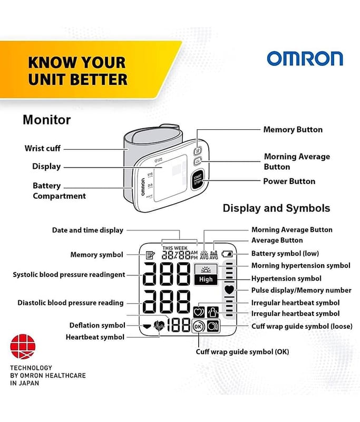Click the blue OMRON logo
pyautogui.click(x=305, y=59)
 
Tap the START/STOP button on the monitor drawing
pyautogui.click(x=198, y=180)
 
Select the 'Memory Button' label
pyautogui.click(x=293, y=130)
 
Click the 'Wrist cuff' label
pyautogui.click(x=43, y=148)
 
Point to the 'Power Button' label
pyautogui.click(x=289, y=181)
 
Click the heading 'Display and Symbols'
pyautogui.click(x=276, y=208)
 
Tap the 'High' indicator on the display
pyautogui.click(x=206, y=280)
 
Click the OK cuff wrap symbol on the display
pyautogui.click(x=198, y=327)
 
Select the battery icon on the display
pyautogui.click(x=227, y=254)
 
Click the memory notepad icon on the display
pyautogui.click(x=150, y=255)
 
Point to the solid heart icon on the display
pyautogui.click(x=229, y=290)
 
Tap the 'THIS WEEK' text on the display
pyautogui.click(x=175, y=248)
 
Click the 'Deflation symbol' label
pyautogui.click(x=98, y=325)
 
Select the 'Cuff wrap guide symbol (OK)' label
pyautogui.click(x=242, y=352)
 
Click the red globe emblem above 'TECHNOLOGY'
pyautogui.click(x=23, y=347)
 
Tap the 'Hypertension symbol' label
pyautogui.click(x=286, y=279)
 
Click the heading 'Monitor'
pyautogui.click(x=47, y=120)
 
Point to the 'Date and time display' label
pyautogui.click(x=87, y=231)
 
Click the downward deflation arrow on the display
pyautogui.click(x=147, y=327)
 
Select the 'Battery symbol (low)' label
pyautogui.click(x=285, y=254)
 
